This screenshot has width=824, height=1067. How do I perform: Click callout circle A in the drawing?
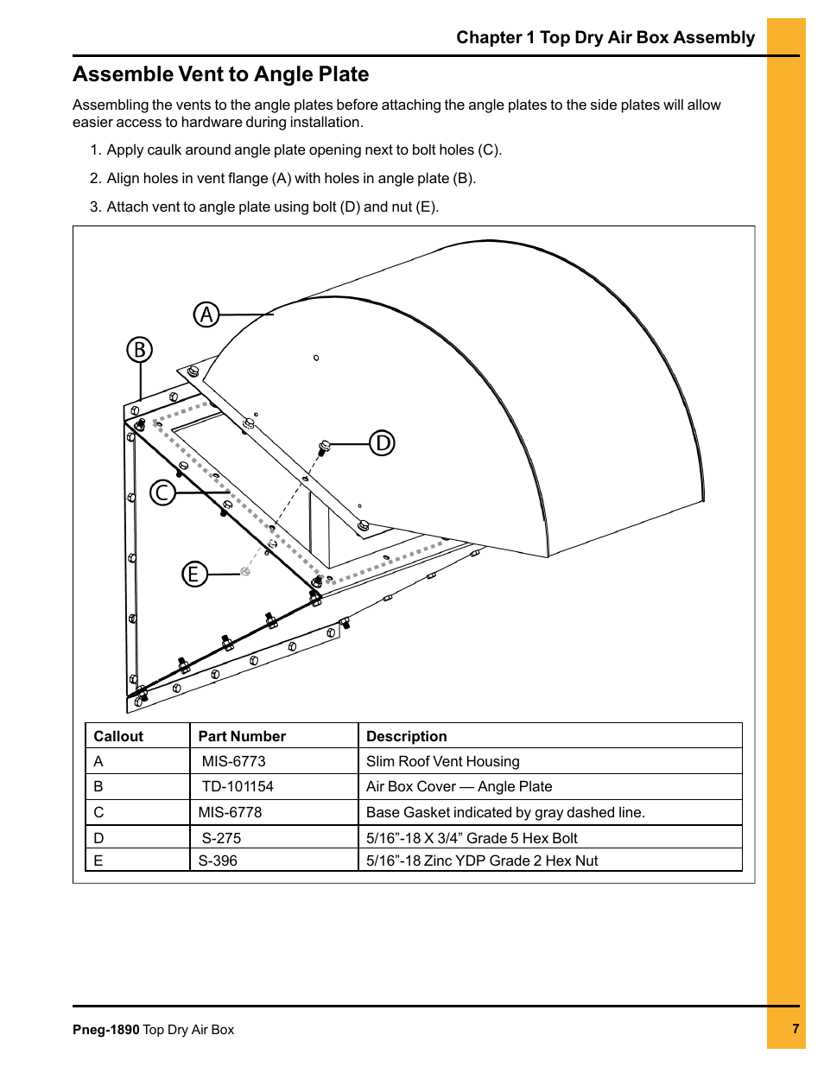pos(206,314)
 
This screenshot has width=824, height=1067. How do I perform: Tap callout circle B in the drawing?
pos(139,350)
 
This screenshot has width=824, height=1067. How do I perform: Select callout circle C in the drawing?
pos(162,492)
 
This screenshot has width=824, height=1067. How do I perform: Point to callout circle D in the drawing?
pos(382,443)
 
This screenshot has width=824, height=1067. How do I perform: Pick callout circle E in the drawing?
pos(194,574)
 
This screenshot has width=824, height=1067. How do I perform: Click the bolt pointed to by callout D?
pos(325,447)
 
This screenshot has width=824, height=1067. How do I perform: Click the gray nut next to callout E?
pos(245,571)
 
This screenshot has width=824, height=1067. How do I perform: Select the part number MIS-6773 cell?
pos(233,761)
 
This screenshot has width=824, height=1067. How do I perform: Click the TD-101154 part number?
pos(237,786)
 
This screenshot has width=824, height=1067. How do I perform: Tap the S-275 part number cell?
pos(221,838)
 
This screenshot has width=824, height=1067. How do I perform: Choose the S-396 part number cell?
pos(218,861)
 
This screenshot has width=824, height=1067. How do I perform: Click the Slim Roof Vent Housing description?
pos(442,761)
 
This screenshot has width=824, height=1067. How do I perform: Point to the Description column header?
pos(406,736)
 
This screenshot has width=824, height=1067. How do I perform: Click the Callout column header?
pos(118,736)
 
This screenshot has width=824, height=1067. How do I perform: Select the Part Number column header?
pos(242,736)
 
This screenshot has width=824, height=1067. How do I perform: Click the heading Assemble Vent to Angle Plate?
pos(220,74)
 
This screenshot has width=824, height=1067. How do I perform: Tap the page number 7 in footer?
pos(795,1028)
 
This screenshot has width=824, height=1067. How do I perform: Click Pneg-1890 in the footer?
pos(105,1030)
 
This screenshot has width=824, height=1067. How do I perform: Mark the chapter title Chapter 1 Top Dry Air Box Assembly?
pos(605,37)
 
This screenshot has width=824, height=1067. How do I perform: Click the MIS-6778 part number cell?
pos(230,812)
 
